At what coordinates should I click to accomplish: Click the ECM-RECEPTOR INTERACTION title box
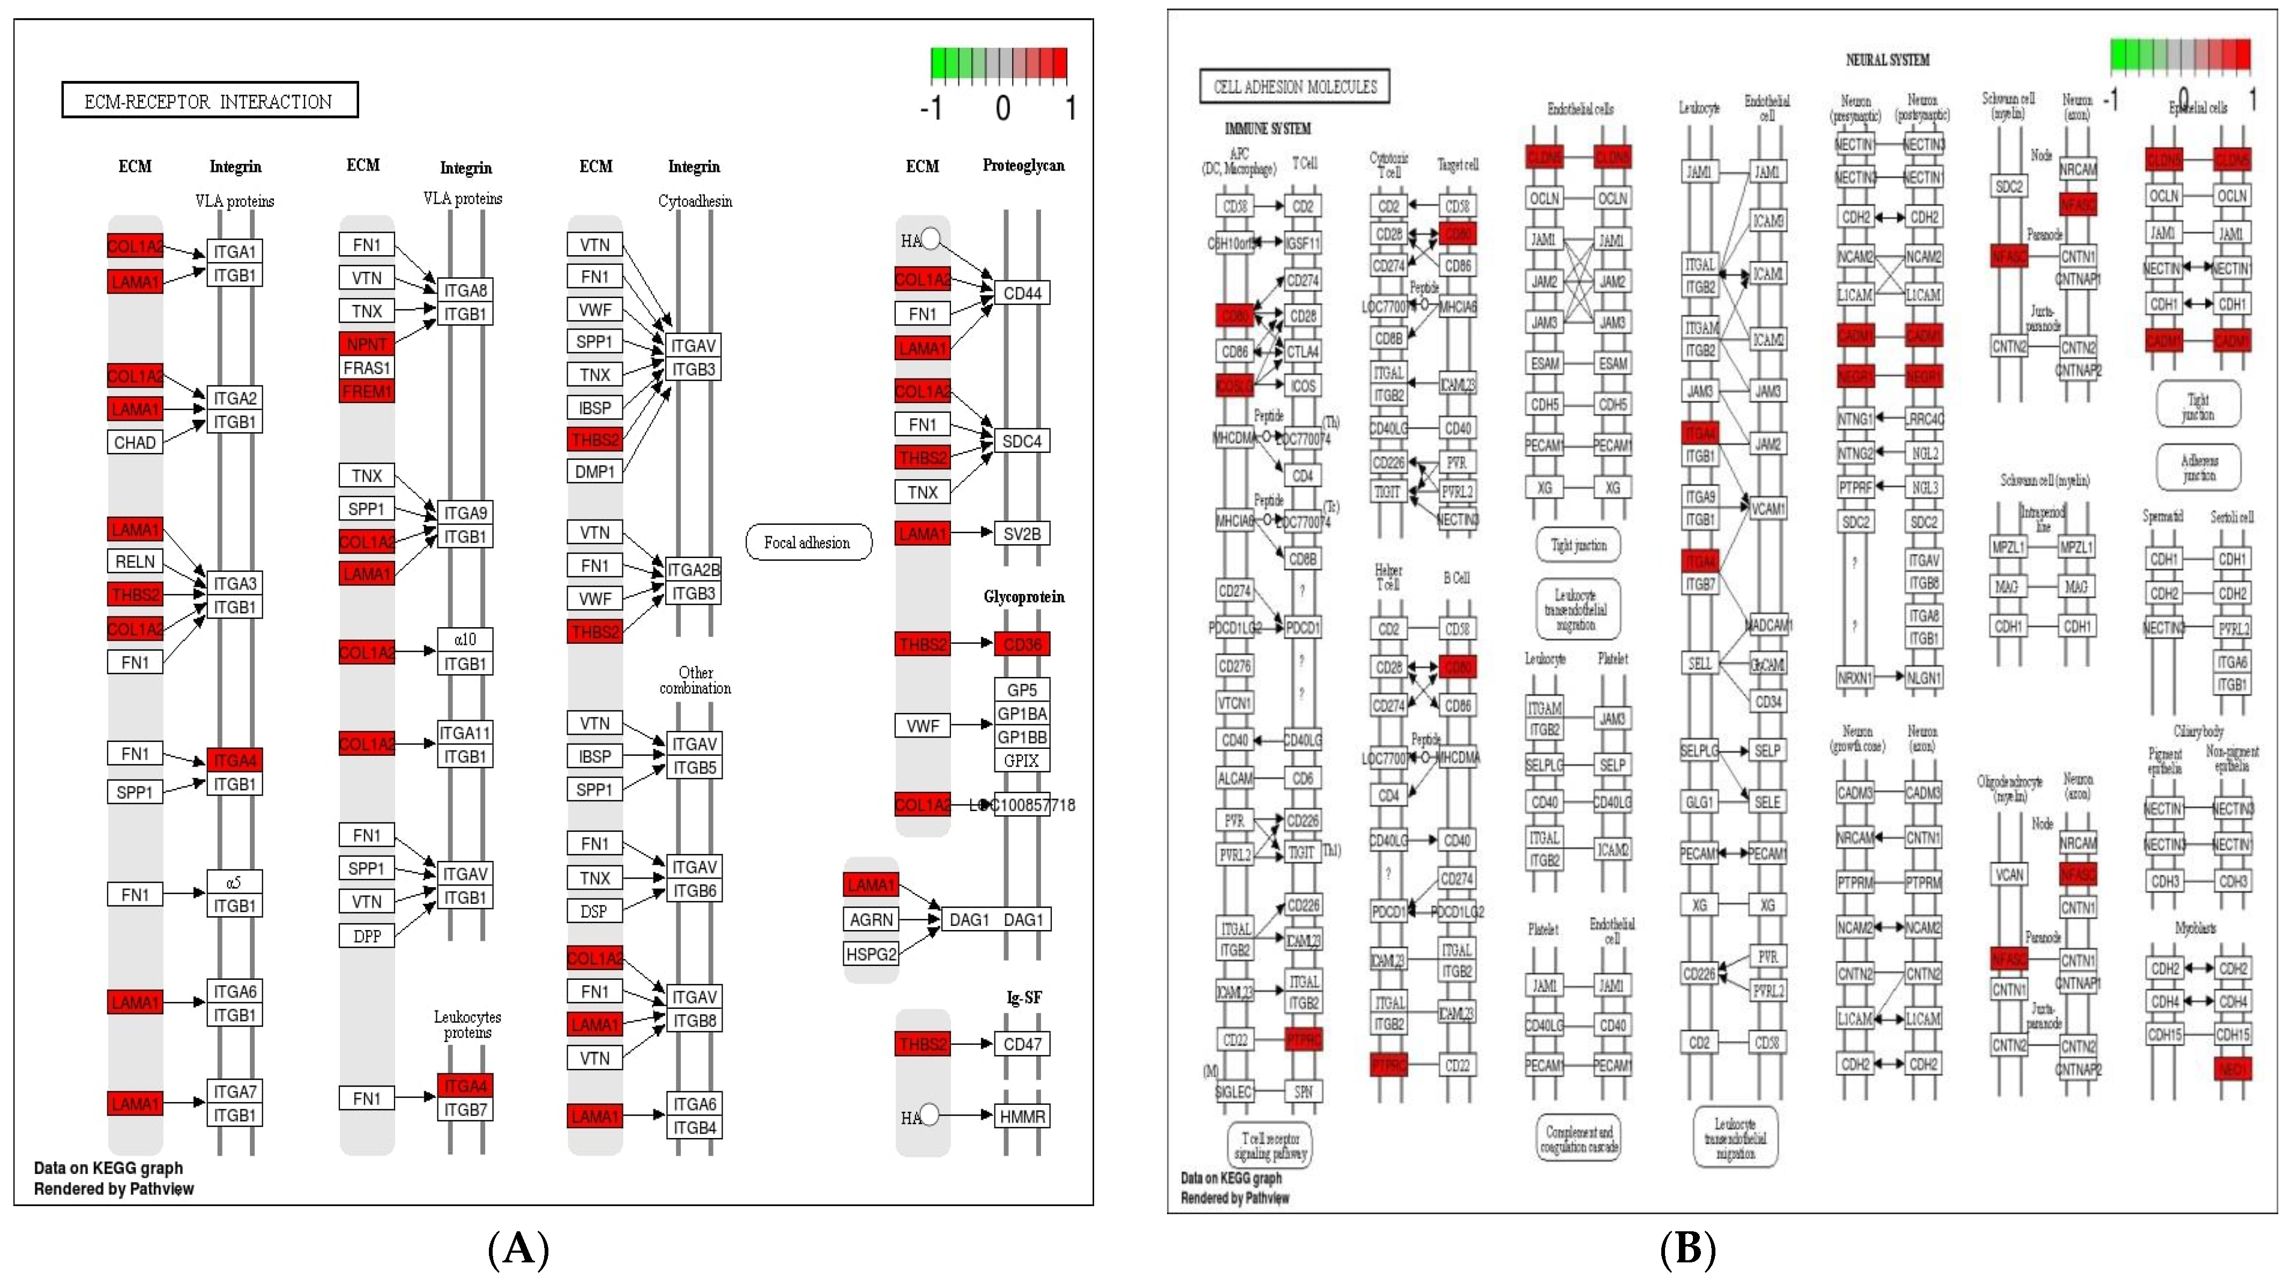(210, 100)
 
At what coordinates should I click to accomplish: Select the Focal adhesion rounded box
(808, 542)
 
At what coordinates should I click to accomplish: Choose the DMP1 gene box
(594, 471)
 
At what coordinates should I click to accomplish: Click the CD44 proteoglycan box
(1021, 293)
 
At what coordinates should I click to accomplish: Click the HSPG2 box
(871, 954)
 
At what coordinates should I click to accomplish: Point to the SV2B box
(1021, 533)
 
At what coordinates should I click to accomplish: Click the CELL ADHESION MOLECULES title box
(1295, 86)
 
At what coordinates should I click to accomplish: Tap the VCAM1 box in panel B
(1767, 509)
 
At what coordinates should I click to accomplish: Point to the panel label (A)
(519, 1249)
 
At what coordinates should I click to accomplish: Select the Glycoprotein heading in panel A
(1024, 597)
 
